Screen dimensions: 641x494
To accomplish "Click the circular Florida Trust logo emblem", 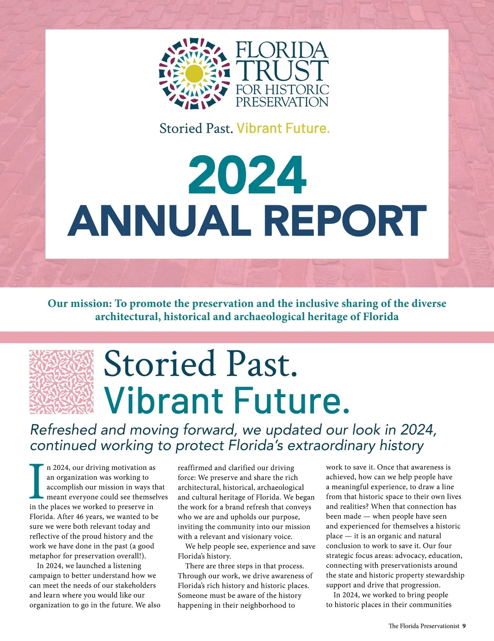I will [194, 74].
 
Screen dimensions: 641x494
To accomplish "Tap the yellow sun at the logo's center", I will [194, 74].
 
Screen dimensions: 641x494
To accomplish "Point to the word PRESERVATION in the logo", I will [282, 102].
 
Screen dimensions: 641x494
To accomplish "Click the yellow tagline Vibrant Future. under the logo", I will [283, 128].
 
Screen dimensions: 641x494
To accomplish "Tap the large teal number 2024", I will [247, 174].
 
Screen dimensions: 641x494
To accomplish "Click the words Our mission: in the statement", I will [80, 304].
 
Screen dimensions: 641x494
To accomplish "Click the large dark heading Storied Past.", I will [200, 364].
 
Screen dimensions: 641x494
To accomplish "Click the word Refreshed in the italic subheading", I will [63, 430].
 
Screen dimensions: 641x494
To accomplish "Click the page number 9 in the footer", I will [464, 626].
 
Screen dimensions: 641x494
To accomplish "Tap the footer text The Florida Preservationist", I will [424, 626].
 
